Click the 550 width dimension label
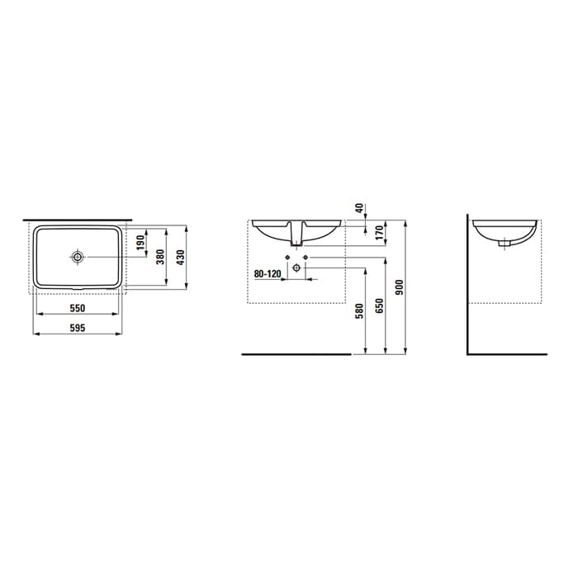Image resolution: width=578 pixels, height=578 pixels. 78,308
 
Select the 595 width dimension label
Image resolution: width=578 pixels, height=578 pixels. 78,328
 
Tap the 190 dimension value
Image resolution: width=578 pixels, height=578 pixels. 141,243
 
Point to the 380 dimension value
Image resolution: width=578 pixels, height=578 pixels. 160,257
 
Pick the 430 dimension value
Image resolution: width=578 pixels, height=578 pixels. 180,257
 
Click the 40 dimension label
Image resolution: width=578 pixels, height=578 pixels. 359,208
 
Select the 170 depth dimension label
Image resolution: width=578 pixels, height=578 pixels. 380,233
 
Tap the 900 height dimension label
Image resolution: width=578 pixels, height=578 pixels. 400,287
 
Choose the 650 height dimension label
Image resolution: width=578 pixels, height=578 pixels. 380,306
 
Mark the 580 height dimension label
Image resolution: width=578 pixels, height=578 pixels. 359,310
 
